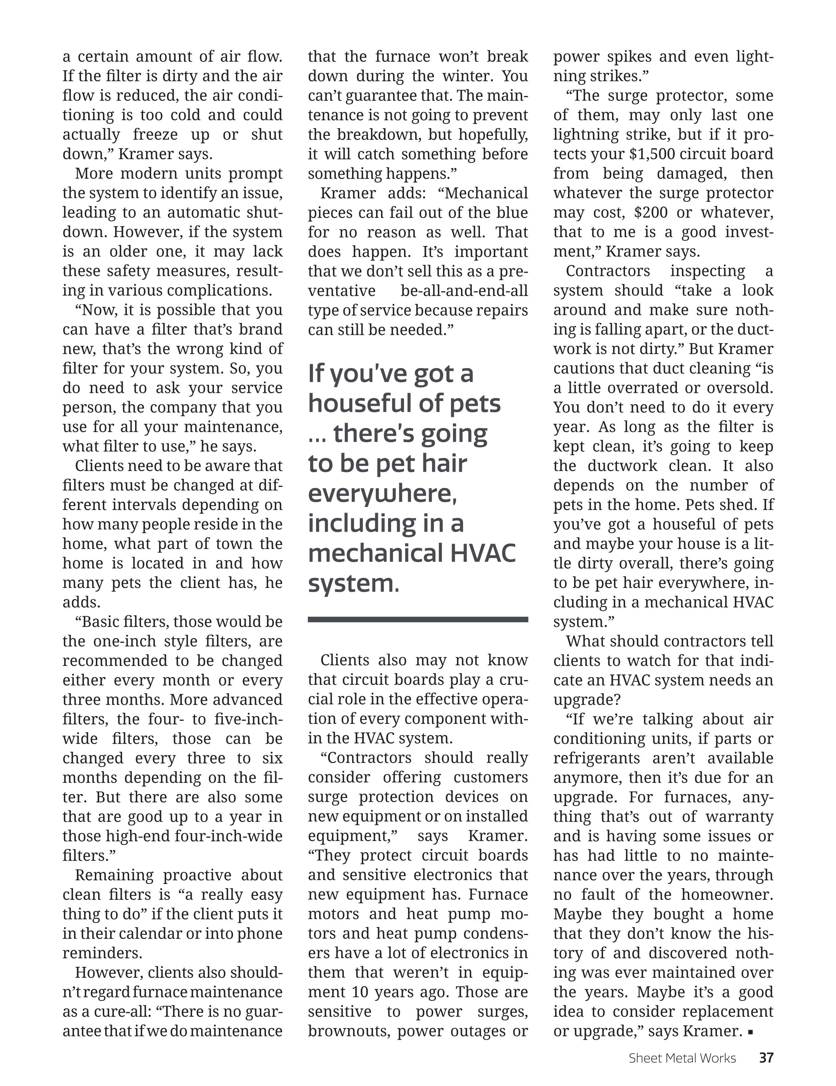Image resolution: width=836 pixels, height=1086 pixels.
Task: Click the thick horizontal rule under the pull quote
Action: coord(418,620)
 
